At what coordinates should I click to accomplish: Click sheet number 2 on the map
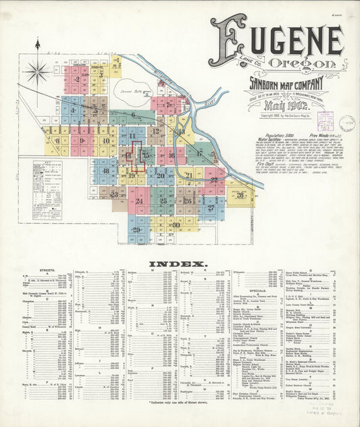[77, 80]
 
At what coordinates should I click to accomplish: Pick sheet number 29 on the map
[137, 230]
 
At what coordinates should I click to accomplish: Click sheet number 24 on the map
[139, 201]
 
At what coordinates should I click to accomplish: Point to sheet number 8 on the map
[57, 141]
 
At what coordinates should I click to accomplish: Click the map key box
[47, 180]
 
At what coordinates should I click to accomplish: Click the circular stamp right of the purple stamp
[347, 122]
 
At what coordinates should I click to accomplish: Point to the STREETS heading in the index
[36, 270]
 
